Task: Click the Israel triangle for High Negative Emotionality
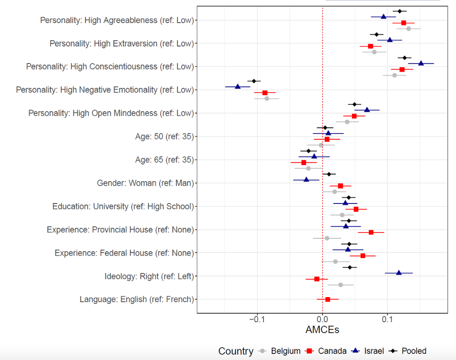pyautogui.click(x=238, y=87)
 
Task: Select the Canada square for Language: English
pyautogui.click(x=328, y=299)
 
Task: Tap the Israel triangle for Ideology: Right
pyautogui.click(x=399, y=273)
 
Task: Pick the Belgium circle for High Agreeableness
pyautogui.click(x=408, y=29)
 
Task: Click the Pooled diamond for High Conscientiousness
pyautogui.click(x=404, y=58)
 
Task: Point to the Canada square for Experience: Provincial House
pyautogui.click(x=371, y=232)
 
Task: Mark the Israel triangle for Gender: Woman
pyautogui.click(x=306, y=180)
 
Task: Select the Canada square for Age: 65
pyautogui.click(x=304, y=162)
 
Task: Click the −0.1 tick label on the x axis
pyautogui.click(x=257, y=319)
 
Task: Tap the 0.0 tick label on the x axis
pyautogui.click(x=322, y=319)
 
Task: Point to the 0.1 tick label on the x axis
pyautogui.click(x=387, y=319)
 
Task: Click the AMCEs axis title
pyautogui.click(x=322, y=330)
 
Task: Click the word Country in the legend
pyautogui.click(x=236, y=351)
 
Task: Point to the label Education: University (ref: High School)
pyautogui.click(x=123, y=206)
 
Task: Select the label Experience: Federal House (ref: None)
pyautogui.click(x=124, y=253)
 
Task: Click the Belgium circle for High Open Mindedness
pyautogui.click(x=347, y=122)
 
